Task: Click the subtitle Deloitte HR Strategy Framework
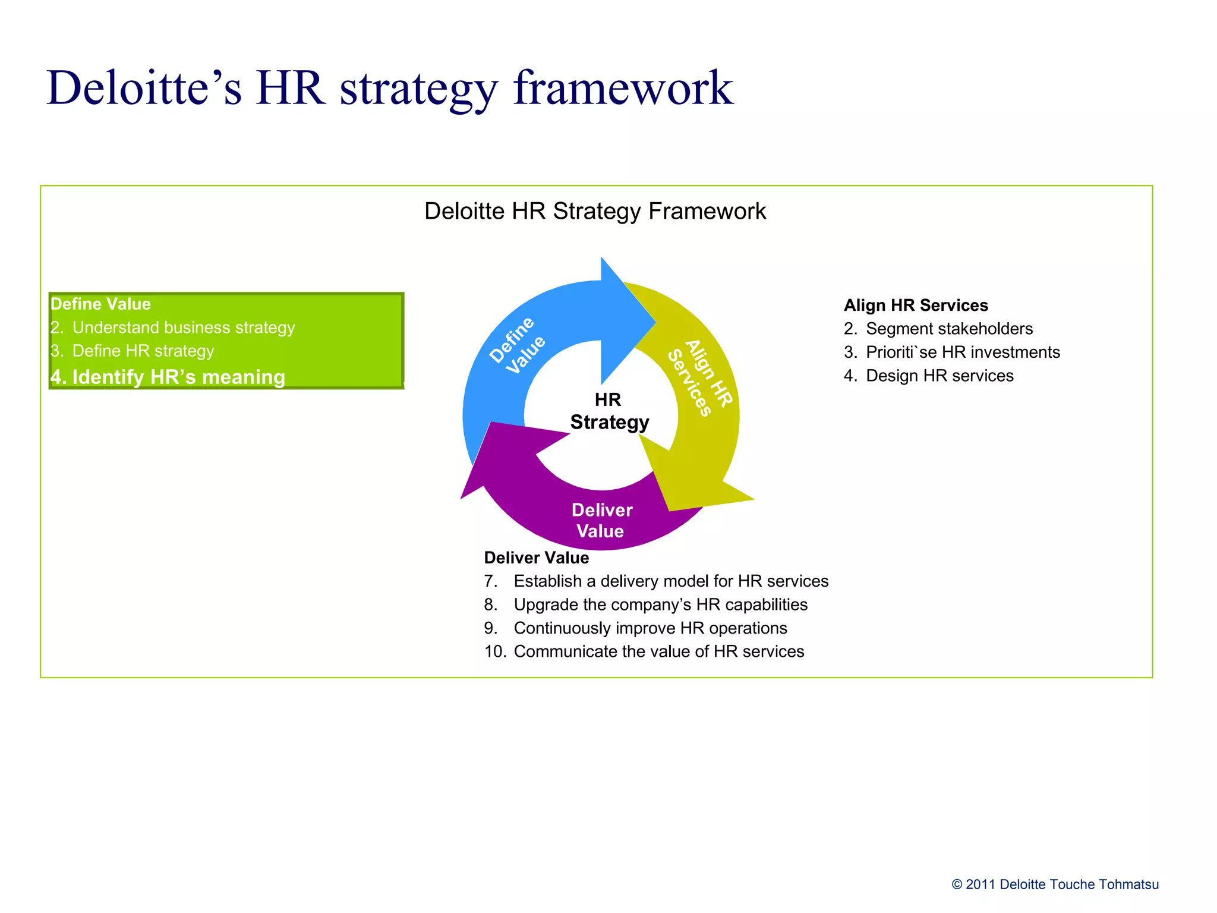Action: [x=595, y=211]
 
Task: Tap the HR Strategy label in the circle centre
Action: [x=608, y=411]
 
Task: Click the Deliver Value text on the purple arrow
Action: [x=601, y=520]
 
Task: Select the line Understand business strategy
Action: [x=183, y=328]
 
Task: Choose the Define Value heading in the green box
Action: [x=100, y=304]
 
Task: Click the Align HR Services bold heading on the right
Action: [x=916, y=305]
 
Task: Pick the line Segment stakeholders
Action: [x=949, y=329]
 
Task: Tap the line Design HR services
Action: [x=939, y=376]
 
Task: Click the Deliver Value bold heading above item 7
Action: [x=536, y=558]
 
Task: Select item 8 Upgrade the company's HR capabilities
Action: [x=660, y=605]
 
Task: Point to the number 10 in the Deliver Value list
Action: [x=494, y=651]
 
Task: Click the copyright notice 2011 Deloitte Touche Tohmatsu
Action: [x=1055, y=884]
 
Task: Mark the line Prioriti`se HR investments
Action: [x=963, y=352]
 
